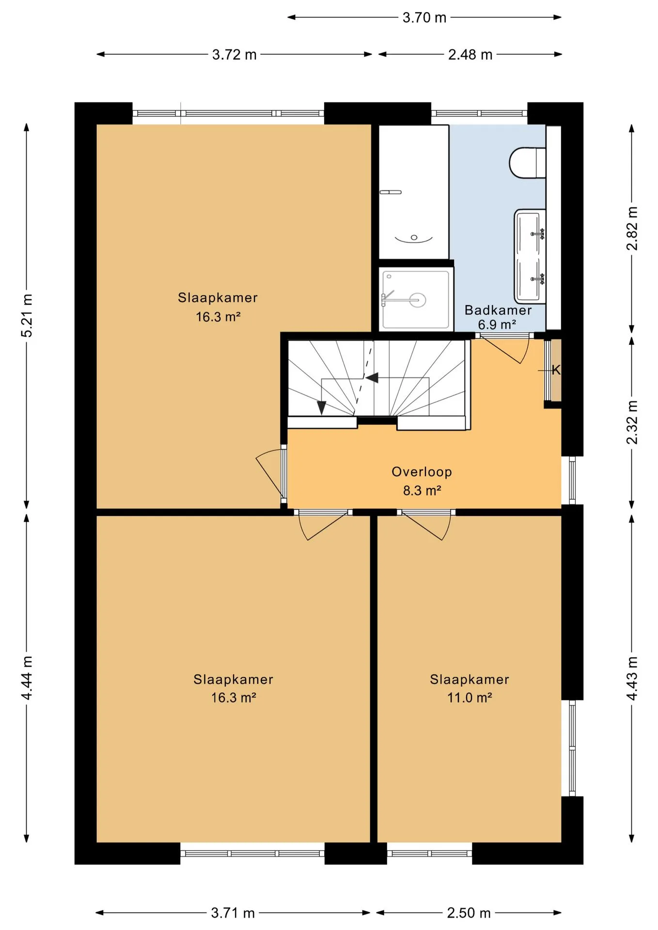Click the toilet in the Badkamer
tap(527, 162)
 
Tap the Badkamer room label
tap(498, 310)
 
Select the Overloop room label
tap(422, 472)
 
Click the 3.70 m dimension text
tap(424, 17)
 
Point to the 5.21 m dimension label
tap(27, 315)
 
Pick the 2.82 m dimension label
tap(632, 228)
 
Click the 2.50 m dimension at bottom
tap(469, 913)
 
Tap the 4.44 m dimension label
tap(27, 678)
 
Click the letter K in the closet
tap(556, 370)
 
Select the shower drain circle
tap(417, 300)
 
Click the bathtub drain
tap(414, 237)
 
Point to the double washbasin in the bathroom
tap(530, 256)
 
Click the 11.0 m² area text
tap(470, 697)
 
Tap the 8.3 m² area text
tap(422, 491)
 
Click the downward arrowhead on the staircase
tap(321, 408)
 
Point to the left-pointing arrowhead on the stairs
tap(372, 377)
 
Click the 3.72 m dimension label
tap(234, 55)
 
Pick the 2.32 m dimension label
tap(632, 422)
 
